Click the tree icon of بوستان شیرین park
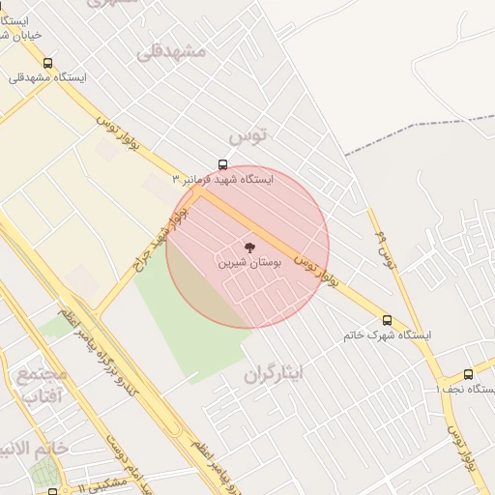pyautogui.click(x=249, y=247)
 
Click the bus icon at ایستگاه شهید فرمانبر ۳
pyautogui.click(x=223, y=165)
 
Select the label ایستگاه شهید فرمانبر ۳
pyautogui.click(x=222, y=180)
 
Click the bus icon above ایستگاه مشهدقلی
pyautogui.click(x=47, y=63)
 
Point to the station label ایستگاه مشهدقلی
pyautogui.click(x=47, y=77)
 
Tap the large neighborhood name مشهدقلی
pyautogui.click(x=171, y=50)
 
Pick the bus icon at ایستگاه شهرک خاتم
pyautogui.click(x=387, y=320)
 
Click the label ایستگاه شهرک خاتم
pyautogui.click(x=387, y=335)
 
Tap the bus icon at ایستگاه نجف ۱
pyautogui.click(x=469, y=374)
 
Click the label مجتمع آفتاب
pyautogui.click(x=42, y=385)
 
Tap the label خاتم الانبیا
pyautogui.click(x=33, y=449)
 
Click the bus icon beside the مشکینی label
pyautogui.click(x=52, y=491)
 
